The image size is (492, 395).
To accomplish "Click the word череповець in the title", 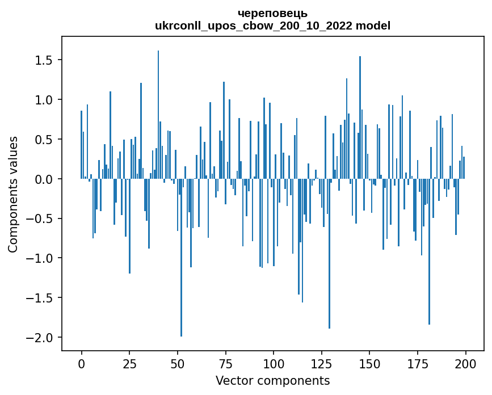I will [272, 13].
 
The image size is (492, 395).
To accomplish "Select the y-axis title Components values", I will [13, 194].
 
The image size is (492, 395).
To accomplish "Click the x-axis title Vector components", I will [272, 380].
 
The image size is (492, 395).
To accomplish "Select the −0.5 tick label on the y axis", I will [41, 219].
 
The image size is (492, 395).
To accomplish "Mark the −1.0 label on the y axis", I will [41, 258].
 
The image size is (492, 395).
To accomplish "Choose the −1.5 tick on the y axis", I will [41, 298].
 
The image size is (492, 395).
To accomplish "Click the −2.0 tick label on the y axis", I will [41, 338].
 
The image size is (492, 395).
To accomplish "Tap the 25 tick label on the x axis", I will [129, 363].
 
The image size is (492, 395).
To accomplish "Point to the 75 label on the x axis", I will [225, 363].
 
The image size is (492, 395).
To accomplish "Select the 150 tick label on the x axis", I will [369, 363].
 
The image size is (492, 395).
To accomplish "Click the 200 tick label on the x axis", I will [465, 363].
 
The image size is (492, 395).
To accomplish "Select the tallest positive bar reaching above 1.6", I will [158, 114].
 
